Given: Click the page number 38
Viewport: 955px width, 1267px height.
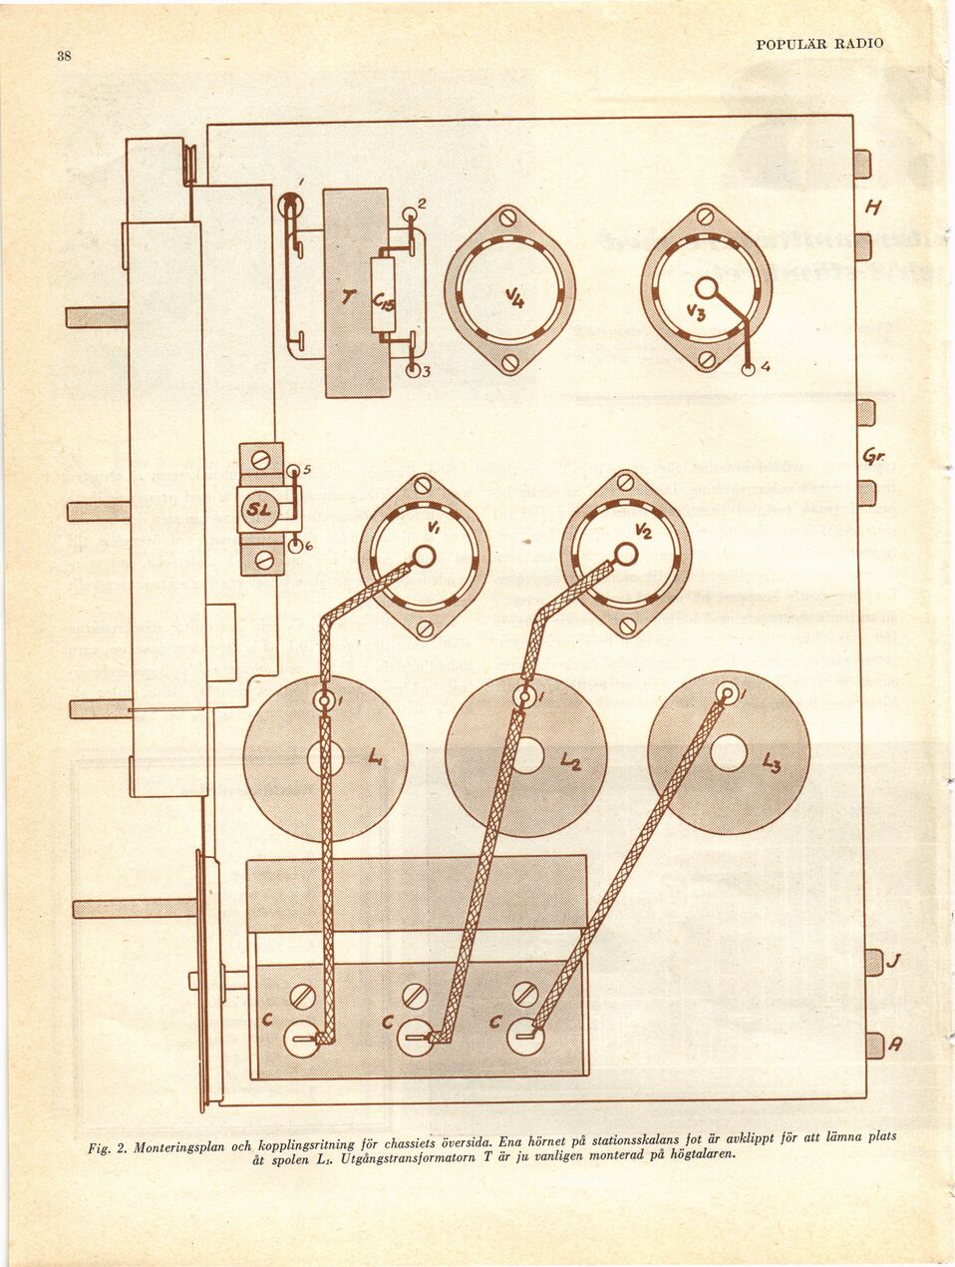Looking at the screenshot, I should (x=63, y=56).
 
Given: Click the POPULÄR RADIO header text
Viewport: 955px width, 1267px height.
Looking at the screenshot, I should (x=818, y=44).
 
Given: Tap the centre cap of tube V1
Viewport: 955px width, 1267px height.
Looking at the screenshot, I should (x=424, y=556).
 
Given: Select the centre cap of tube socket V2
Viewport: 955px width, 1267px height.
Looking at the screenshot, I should (x=625, y=552).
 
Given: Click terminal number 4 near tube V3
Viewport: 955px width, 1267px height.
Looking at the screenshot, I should (x=749, y=369).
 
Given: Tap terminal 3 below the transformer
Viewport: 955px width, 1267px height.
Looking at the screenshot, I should (x=413, y=372).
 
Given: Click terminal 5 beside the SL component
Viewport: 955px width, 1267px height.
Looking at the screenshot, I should (x=294, y=471).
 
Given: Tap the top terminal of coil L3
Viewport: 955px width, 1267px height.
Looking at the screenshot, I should (x=729, y=693).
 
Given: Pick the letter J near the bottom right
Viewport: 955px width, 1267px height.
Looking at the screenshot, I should (x=896, y=962).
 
